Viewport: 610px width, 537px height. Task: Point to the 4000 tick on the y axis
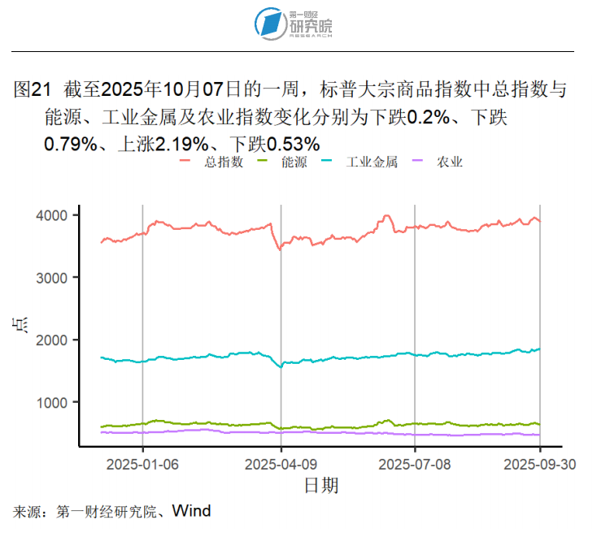(x=50, y=215)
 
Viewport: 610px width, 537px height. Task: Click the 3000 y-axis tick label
(x=50, y=278)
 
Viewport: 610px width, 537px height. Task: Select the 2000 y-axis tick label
(x=50, y=340)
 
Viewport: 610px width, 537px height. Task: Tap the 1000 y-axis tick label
(x=50, y=402)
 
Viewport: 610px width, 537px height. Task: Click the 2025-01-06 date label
(x=143, y=464)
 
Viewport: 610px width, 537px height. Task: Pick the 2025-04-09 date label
(x=281, y=464)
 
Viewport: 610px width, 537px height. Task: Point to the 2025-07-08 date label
(x=415, y=464)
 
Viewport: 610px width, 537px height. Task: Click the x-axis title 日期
(x=320, y=486)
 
